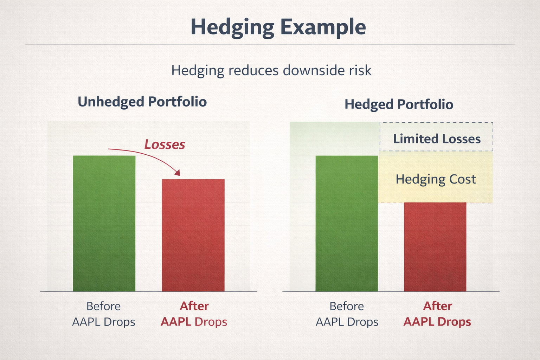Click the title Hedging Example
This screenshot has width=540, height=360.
coord(278,27)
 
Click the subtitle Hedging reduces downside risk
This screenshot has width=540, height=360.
coord(271,70)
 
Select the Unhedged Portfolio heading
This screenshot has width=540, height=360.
coord(142,102)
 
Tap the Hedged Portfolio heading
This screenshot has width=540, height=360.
coord(399,104)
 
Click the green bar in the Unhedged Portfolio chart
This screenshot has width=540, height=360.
coord(104,223)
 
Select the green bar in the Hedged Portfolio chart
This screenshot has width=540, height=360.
coord(346,223)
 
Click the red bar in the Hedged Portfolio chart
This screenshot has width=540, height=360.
coord(435,247)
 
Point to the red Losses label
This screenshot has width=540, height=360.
coord(165,144)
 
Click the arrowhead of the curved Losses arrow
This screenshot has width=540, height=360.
coord(178,173)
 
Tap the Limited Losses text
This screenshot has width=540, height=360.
coord(437,139)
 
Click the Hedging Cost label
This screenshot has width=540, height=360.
coord(436,179)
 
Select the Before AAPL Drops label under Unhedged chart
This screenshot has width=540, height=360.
coord(104,314)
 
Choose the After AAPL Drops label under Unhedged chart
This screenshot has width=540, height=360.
coord(194,314)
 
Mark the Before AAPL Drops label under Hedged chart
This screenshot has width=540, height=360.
coord(347,314)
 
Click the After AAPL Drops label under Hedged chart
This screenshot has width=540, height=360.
coord(437,314)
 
